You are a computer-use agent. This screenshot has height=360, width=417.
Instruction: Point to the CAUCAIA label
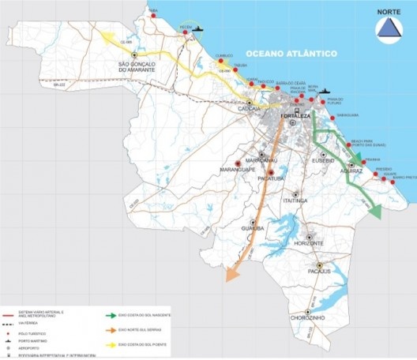point(251,113)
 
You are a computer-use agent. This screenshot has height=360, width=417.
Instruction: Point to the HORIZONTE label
point(313,243)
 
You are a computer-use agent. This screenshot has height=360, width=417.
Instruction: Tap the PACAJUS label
point(321,272)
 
